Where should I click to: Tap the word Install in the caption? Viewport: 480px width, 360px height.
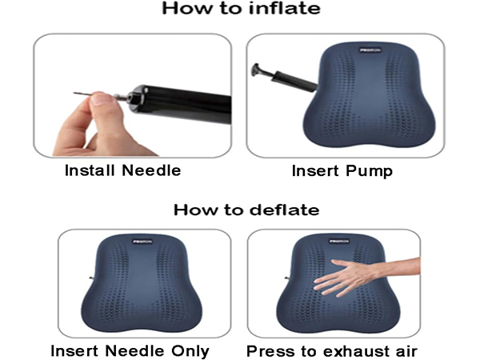(94, 170)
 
